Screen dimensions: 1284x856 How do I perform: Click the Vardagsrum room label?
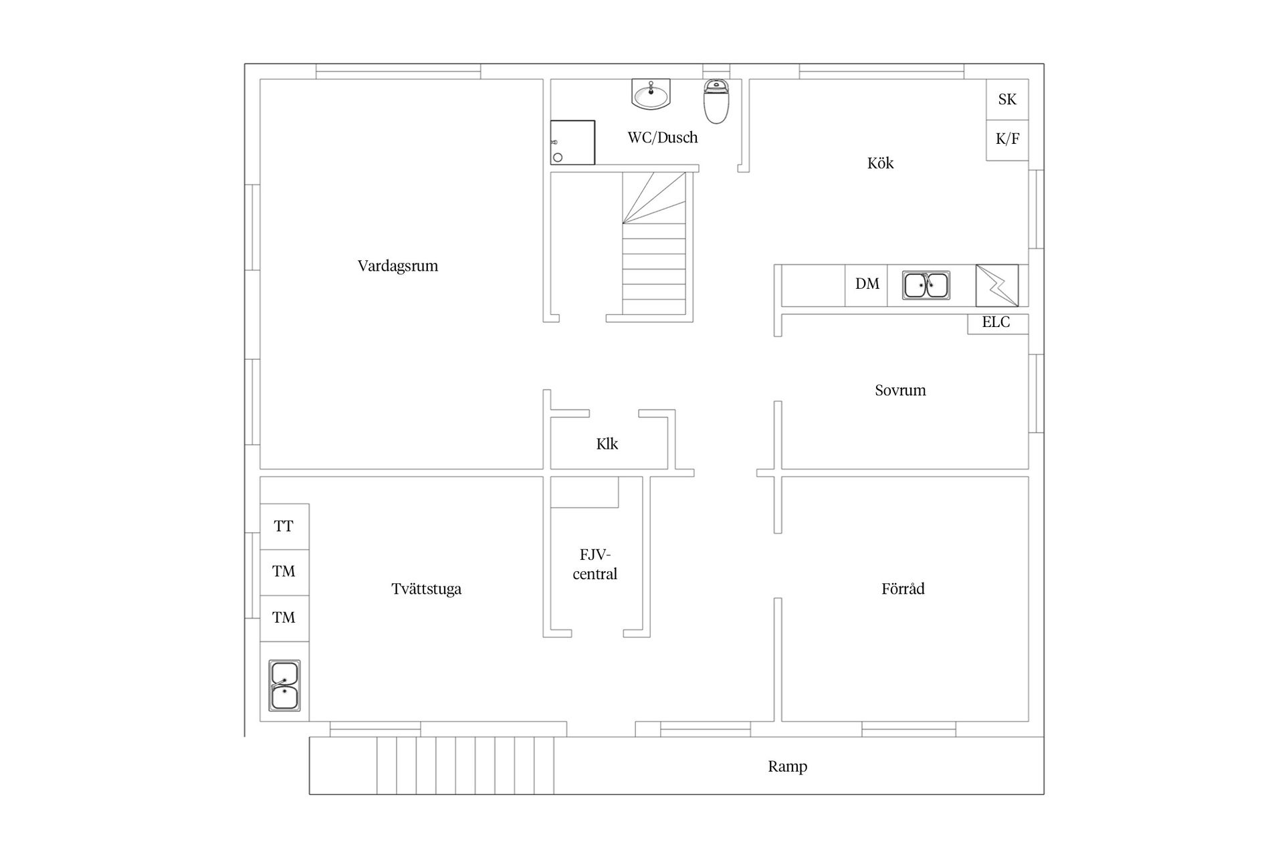tap(398, 266)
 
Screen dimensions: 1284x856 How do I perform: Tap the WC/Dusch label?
tap(663, 138)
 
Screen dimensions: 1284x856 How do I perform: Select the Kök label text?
tap(880, 163)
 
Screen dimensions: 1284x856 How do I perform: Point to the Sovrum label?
tap(900, 391)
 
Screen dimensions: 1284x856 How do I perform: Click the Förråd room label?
tap(903, 588)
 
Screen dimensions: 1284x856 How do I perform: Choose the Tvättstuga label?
tap(426, 589)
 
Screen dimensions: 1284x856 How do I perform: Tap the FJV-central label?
tap(595, 564)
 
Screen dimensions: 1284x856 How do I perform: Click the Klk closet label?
tap(607, 444)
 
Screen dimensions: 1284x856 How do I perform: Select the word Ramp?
tap(787, 766)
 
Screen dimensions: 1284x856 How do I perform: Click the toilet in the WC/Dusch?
tap(716, 101)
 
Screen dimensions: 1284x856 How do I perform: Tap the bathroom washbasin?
tap(651, 94)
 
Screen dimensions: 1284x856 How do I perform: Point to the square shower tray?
tap(572, 142)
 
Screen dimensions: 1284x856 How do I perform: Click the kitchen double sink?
tap(926, 286)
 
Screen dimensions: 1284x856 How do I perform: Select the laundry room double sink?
tap(285, 685)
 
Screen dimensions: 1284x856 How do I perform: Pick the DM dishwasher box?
tap(867, 285)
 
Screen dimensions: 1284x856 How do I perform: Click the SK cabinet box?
tap(1007, 100)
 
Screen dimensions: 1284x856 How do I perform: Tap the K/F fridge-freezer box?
tap(1007, 140)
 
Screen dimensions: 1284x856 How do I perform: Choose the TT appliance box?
tap(284, 527)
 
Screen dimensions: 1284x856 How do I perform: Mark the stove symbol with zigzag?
tap(997, 286)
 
